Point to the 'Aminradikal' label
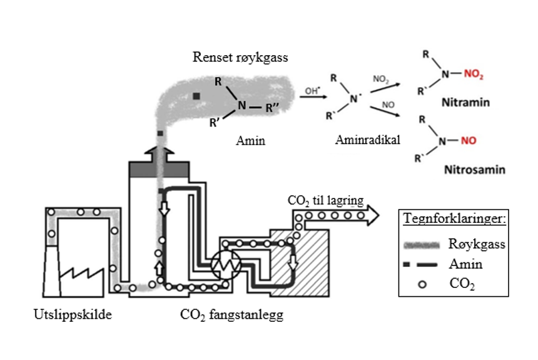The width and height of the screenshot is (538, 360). pyautogui.click(x=360, y=141)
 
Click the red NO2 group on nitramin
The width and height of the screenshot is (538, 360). pyautogui.click(x=474, y=75)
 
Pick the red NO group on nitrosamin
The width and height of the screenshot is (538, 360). pyautogui.click(x=469, y=141)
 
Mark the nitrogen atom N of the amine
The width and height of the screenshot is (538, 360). pyautogui.click(x=241, y=106)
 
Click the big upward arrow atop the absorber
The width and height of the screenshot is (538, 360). pyautogui.click(x=160, y=150)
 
